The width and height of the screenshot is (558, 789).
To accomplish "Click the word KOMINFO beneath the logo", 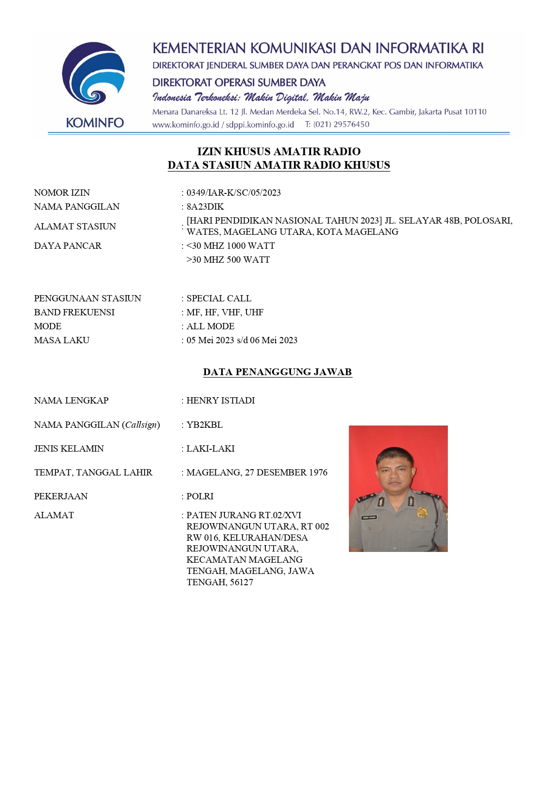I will point(94,123).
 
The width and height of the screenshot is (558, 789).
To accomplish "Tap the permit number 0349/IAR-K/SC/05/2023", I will point(233,193).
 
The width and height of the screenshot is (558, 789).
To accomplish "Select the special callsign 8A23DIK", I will point(205,206).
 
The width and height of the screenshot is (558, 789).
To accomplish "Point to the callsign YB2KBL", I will point(205,425).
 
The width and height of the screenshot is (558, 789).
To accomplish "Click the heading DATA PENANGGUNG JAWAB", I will point(277,372).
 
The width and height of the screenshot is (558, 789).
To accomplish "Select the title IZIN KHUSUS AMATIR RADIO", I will point(279,151).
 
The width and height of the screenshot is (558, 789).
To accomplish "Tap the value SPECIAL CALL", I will point(219,298).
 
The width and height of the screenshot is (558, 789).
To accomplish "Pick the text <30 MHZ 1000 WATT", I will point(231,246).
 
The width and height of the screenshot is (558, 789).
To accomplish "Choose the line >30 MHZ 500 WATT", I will point(228,260).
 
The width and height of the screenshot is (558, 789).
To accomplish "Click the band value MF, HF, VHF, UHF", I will point(225,312).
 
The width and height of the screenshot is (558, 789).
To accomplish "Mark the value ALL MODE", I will point(210,326).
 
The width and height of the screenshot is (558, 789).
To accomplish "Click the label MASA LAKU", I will point(62,340).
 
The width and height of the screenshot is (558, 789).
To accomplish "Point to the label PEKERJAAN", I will point(61,496).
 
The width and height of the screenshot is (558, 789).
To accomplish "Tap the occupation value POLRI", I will point(200,496).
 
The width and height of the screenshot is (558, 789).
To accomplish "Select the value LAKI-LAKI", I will point(210,448).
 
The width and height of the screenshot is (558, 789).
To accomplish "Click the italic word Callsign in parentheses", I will point(141,425).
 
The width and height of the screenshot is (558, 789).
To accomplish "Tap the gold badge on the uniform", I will point(422,512).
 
